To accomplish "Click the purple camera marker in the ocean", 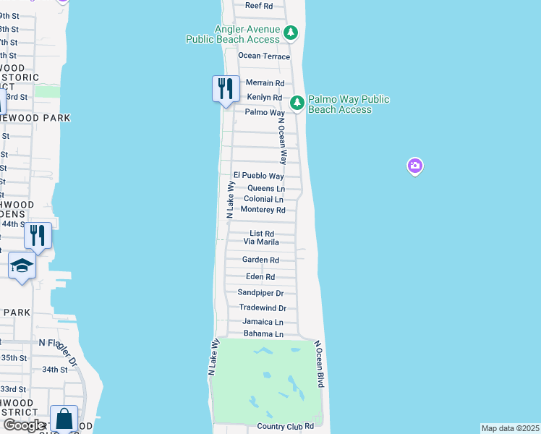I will (x=414, y=167).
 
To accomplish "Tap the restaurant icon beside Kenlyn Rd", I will (x=226, y=89).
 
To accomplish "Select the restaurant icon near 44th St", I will (x=37, y=235).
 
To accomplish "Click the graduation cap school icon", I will (x=22, y=265).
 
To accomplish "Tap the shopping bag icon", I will (x=64, y=419).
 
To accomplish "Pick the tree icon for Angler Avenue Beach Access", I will (x=290, y=33).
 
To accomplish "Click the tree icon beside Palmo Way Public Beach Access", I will (x=297, y=103).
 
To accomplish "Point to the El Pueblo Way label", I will (x=258, y=176).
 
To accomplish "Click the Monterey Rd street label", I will (x=263, y=210).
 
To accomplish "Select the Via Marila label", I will (x=261, y=242).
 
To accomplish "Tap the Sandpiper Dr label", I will (x=260, y=293).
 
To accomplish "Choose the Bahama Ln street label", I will (x=263, y=334).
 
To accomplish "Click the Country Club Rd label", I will (x=286, y=427).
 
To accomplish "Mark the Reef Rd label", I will (x=258, y=5).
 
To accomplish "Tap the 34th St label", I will (x=54, y=370).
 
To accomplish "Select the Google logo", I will (x=23, y=425).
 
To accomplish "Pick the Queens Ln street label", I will (x=265, y=188).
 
